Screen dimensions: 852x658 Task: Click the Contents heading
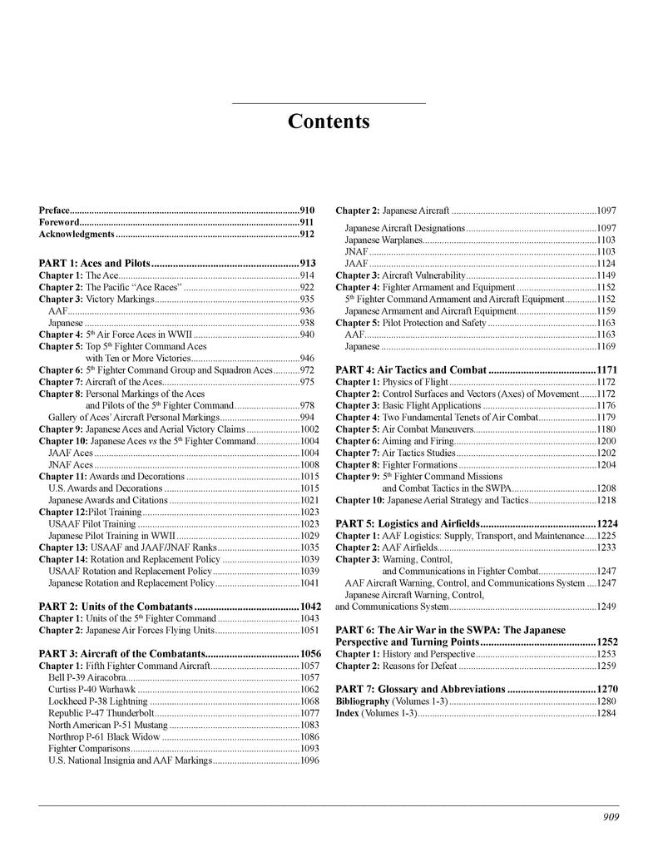329,121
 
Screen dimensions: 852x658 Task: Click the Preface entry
54,211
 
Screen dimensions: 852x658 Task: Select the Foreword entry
58,222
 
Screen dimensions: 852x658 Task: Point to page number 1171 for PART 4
606,369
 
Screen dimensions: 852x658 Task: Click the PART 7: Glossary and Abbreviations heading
420,689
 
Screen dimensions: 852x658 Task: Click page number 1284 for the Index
606,713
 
